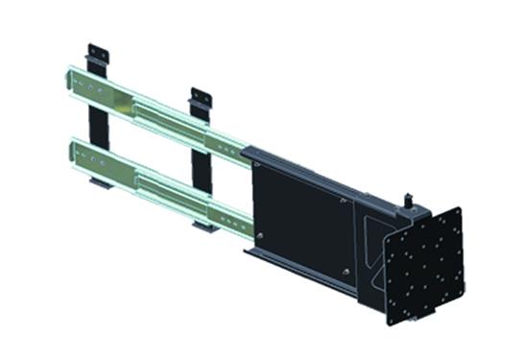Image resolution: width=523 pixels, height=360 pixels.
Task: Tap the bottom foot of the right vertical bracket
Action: pyautogui.click(x=203, y=228)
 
